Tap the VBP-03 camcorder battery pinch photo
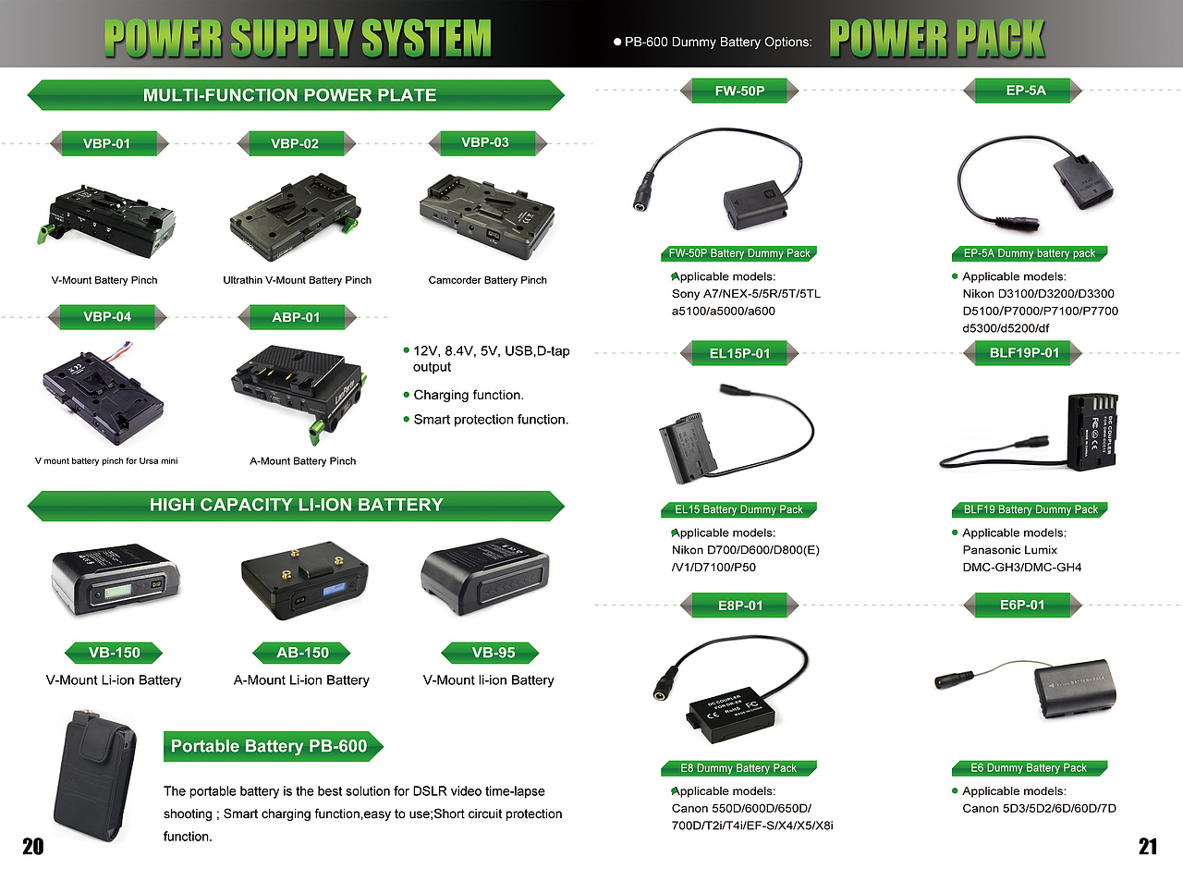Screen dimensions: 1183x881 pyautogui.click(x=487, y=216)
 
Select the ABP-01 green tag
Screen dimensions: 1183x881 pyautogui.click(x=297, y=317)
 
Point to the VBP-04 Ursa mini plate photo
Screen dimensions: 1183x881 pyautogui.click(x=102, y=395)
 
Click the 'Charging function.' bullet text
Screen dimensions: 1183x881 pyautogui.click(x=469, y=395)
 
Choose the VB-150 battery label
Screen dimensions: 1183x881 pyautogui.click(x=114, y=653)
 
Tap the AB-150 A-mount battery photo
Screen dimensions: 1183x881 pyautogui.click(x=304, y=580)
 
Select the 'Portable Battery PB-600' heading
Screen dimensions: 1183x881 pyautogui.click(x=269, y=746)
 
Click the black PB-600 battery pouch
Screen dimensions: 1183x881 pyautogui.click(x=95, y=777)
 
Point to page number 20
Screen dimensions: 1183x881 pyautogui.click(x=33, y=846)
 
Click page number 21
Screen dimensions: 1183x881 pyautogui.click(x=1148, y=846)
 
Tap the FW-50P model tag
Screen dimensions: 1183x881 pyautogui.click(x=739, y=91)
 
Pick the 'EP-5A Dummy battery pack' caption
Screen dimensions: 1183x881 pyautogui.click(x=1030, y=253)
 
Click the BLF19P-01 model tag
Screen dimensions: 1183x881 pyautogui.click(x=1023, y=353)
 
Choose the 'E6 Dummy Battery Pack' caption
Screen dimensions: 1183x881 pyautogui.click(x=1029, y=768)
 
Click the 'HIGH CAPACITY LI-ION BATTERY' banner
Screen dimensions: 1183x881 pyautogui.click(x=296, y=506)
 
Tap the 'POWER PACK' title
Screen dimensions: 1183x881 pyautogui.click(x=936, y=39)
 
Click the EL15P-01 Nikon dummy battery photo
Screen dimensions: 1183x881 pyautogui.click(x=736, y=434)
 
